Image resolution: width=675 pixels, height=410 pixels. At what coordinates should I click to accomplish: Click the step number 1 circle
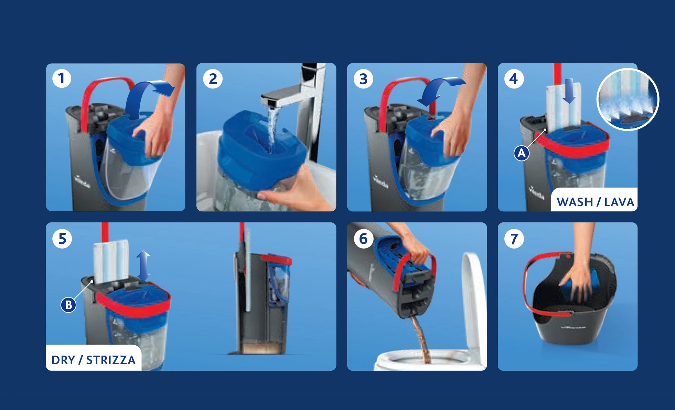pos(62,78)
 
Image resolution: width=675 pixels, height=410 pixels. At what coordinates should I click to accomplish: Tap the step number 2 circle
pos(213,79)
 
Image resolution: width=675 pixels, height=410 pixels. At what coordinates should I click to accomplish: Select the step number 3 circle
pos(363,79)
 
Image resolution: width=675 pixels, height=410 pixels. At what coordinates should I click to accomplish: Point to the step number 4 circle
pos(514,79)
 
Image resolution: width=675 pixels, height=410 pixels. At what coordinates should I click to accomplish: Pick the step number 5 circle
pos(62,238)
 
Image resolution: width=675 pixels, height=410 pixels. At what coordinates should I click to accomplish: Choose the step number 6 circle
pos(364,238)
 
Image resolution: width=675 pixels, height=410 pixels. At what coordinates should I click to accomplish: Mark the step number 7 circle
pos(514,238)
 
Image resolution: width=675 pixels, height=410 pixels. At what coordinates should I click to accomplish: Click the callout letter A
pos(522,153)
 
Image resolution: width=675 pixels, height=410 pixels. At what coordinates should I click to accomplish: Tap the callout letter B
pos(68,305)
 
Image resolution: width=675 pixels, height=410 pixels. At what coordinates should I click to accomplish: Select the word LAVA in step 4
pos(619,202)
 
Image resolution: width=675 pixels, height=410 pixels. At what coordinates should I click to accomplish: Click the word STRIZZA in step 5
pos(111,360)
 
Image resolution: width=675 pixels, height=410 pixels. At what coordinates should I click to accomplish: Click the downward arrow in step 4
pos(570,91)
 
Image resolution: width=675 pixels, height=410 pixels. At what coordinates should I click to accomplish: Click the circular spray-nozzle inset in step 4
pos(628,99)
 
